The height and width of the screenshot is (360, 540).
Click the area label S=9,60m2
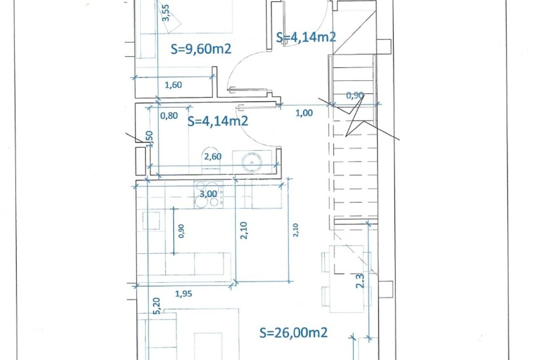point(201,49)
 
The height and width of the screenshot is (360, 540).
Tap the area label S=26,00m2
point(293,332)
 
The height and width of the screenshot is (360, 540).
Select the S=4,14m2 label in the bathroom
point(218,121)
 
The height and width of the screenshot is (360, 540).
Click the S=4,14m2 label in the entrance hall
point(306,37)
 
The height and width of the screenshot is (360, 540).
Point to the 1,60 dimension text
point(173,85)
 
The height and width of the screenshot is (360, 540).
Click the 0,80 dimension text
point(169,116)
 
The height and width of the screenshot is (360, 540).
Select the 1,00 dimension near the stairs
point(304,113)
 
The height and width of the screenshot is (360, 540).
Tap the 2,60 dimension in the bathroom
point(213,156)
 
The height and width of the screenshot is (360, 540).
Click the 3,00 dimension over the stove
point(208,194)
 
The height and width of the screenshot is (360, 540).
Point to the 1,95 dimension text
point(183,294)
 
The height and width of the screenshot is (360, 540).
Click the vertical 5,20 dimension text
point(157,306)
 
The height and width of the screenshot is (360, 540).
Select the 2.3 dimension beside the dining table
point(360,280)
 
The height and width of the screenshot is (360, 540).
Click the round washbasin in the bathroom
point(252,162)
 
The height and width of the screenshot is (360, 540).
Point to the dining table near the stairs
point(346,279)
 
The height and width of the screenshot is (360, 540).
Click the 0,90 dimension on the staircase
point(354,95)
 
